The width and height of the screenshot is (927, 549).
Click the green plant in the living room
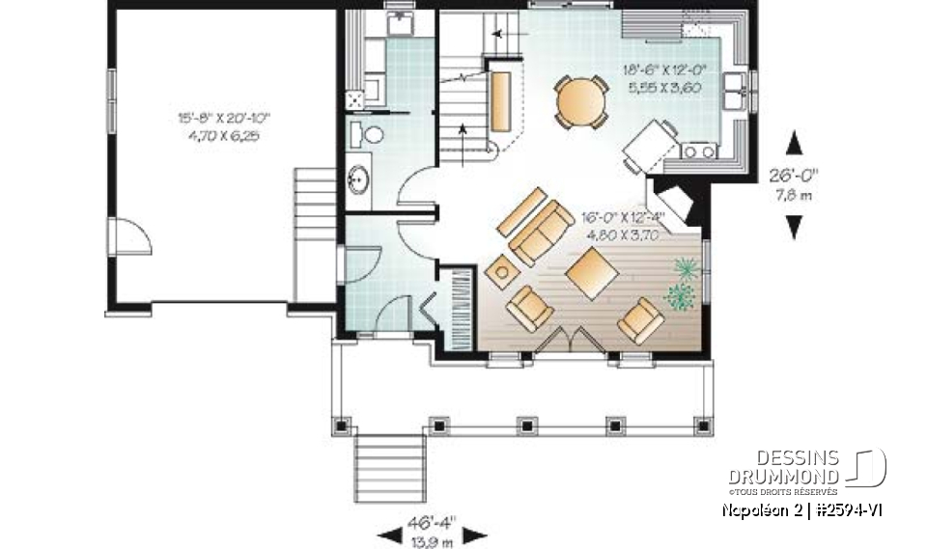point(682,286)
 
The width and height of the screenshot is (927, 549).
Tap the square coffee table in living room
point(592,274)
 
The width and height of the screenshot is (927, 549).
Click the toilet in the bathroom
point(370,133)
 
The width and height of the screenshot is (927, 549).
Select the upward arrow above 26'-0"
point(795,145)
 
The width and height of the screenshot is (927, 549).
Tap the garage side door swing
point(132,235)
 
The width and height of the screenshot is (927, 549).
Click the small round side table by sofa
point(501,272)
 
